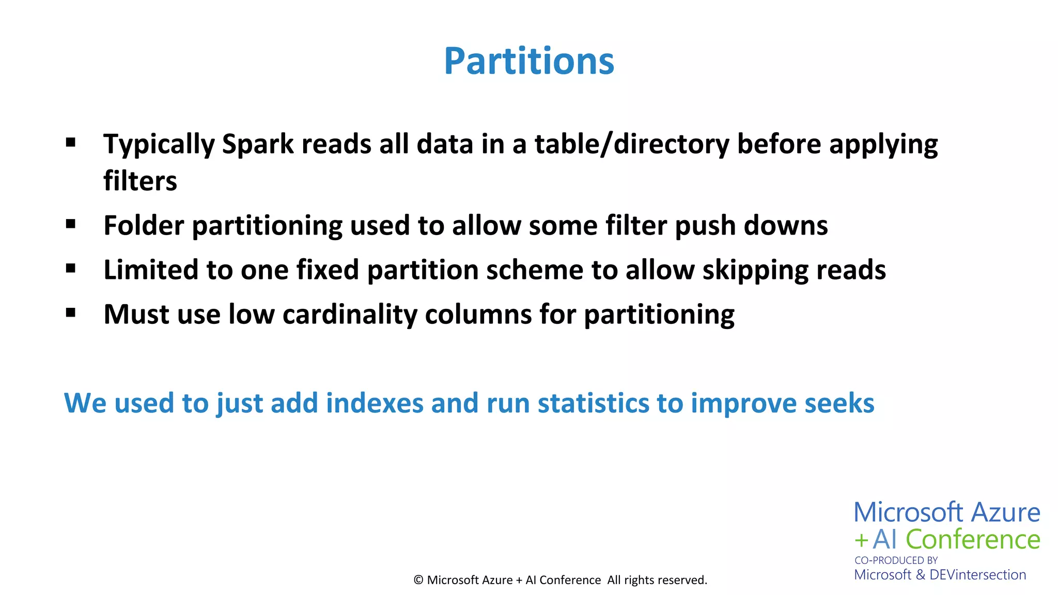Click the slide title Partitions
[529, 61]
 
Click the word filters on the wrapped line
[140, 181]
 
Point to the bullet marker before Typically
[71, 142]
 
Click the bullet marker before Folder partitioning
[71, 224]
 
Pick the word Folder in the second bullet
[144, 226]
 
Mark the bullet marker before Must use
[71, 312]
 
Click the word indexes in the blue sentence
[375, 403]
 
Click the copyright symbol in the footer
[418, 580]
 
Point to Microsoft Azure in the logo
[946, 513]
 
